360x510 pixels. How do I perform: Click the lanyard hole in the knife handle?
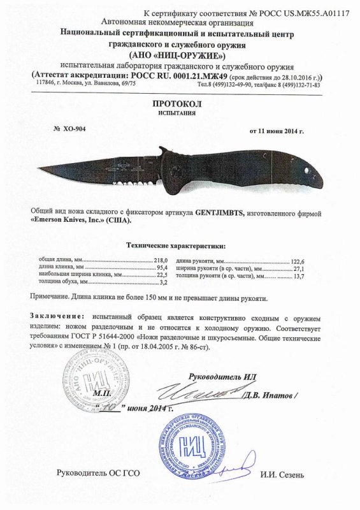(x=310, y=171)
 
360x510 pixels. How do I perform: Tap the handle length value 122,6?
(x=299, y=261)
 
